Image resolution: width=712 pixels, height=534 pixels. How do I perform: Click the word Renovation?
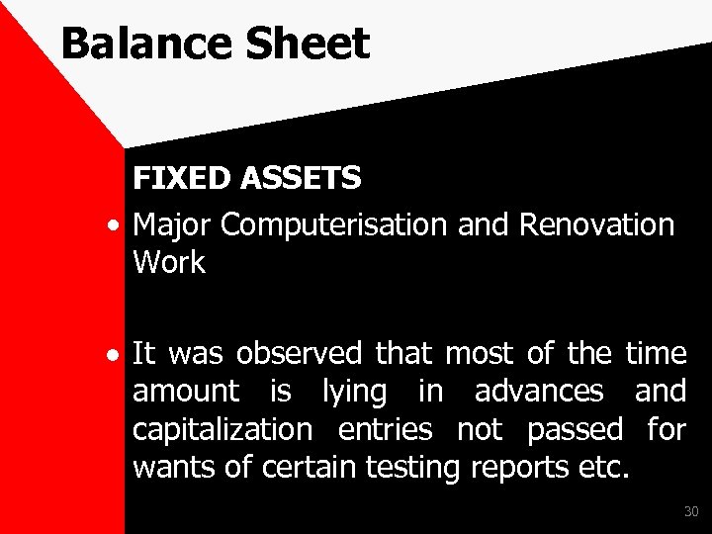596,224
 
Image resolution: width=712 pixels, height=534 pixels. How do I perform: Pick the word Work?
168,263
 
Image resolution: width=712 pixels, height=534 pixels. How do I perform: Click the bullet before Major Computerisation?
117,226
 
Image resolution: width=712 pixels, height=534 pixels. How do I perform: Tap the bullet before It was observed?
117,354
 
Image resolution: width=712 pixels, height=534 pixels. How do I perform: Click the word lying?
355,392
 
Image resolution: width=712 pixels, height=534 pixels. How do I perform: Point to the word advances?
539,392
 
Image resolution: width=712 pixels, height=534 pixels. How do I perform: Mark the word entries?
385,430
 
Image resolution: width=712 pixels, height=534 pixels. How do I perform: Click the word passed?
575,430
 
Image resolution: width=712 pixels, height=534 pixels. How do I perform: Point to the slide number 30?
690,511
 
